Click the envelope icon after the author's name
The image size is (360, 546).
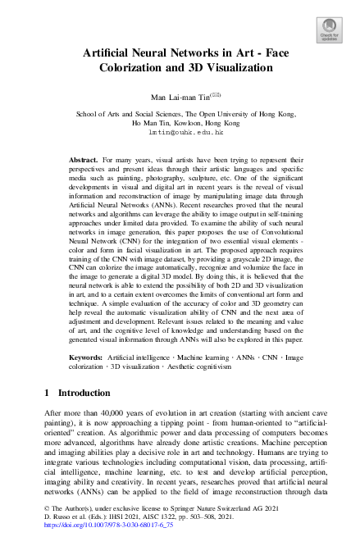tap(215, 95)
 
